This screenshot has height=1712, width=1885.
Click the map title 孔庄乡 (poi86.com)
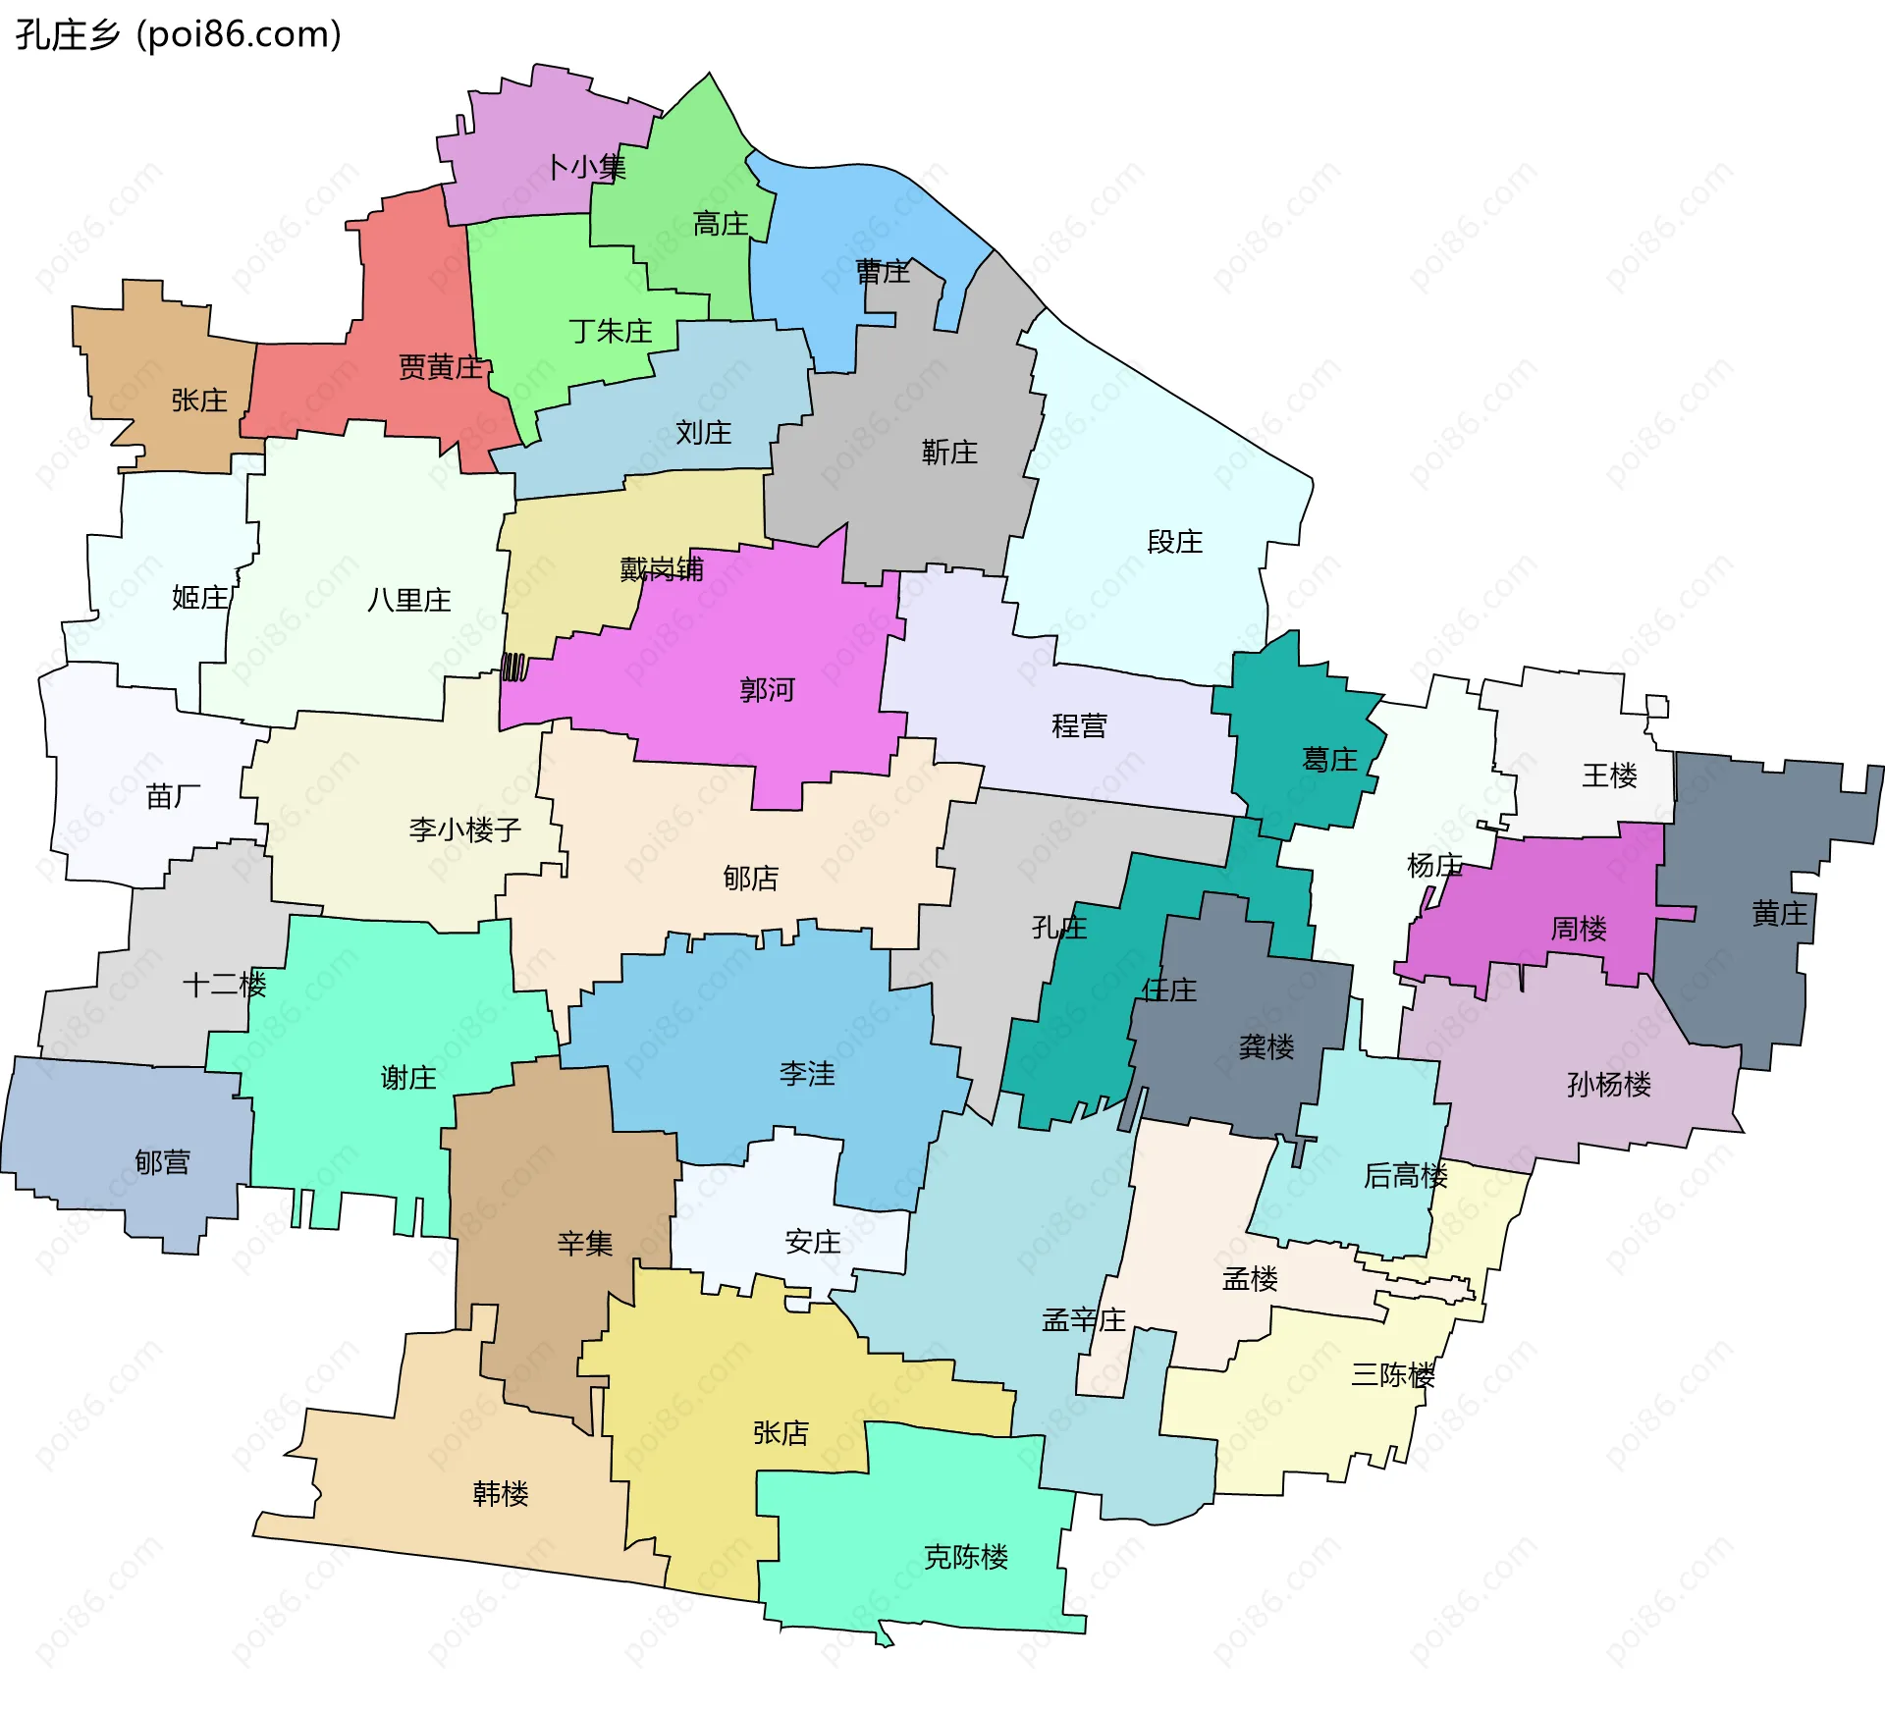[x=179, y=35]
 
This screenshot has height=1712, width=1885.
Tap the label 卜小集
[x=586, y=167]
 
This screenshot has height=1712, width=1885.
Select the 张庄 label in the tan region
[x=199, y=401]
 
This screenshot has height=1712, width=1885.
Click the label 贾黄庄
[x=440, y=367]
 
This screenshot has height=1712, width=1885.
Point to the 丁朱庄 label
[x=610, y=331]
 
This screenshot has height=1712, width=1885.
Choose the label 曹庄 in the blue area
[x=883, y=272]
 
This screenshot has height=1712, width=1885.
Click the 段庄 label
[x=1174, y=542]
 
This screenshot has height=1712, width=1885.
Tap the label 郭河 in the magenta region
[x=767, y=690]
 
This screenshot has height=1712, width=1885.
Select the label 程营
[x=1079, y=726]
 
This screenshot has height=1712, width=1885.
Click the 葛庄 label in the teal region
[x=1329, y=760]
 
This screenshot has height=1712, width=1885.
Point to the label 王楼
[x=1609, y=776]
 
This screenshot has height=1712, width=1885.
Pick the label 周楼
[x=1579, y=929]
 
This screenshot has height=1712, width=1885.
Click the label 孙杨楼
[x=1609, y=1085]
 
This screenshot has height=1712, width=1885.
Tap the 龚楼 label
[x=1266, y=1047]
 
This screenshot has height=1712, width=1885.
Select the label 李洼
[x=807, y=1074]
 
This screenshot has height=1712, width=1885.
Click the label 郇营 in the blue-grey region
[x=162, y=1163]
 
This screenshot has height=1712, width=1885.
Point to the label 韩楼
[x=501, y=1494]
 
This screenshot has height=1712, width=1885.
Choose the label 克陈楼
[x=966, y=1557]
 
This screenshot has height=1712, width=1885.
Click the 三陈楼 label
[x=1393, y=1375]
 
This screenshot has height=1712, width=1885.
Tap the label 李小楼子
[x=464, y=830]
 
